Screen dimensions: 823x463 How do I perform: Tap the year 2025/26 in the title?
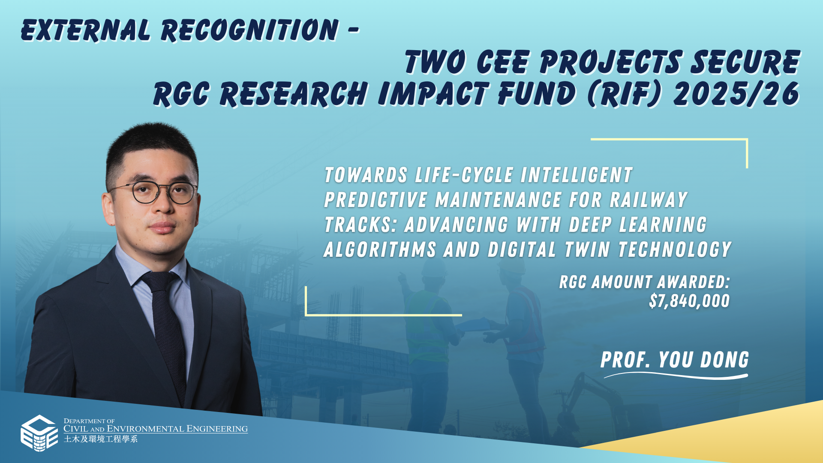click(x=736, y=94)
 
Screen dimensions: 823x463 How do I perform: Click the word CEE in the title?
click(x=503, y=62)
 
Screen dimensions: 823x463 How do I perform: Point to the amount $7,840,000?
click(x=689, y=301)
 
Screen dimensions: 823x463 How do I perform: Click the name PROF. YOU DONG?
click(x=675, y=360)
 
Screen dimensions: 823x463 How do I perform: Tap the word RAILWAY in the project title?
click(x=649, y=200)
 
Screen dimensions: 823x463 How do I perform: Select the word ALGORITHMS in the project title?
click(x=380, y=250)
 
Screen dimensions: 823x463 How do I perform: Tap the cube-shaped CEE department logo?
click(x=39, y=433)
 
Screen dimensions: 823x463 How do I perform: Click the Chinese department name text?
click(x=101, y=439)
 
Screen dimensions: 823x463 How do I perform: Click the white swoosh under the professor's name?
click(x=676, y=376)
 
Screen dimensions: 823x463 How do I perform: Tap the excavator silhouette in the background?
click(x=600, y=412)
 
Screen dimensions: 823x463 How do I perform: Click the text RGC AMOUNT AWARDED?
click(x=644, y=282)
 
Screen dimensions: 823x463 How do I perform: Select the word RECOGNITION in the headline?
click(x=250, y=30)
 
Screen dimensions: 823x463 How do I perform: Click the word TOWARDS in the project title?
click(x=366, y=175)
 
